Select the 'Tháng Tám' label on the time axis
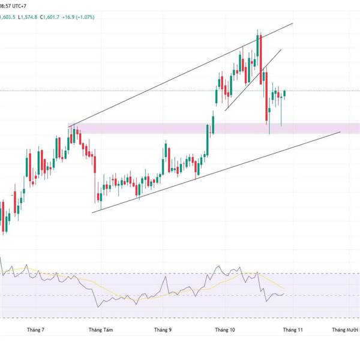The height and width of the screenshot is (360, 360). coord(100,329)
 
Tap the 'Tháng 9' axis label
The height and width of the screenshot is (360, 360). coord(163,329)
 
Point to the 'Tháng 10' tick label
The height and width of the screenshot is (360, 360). coord(225,329)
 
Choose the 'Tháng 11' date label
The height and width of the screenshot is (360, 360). coord(293,329)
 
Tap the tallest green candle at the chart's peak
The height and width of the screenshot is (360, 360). coord(257,48)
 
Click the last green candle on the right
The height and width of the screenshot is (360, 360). coord(285,93)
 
